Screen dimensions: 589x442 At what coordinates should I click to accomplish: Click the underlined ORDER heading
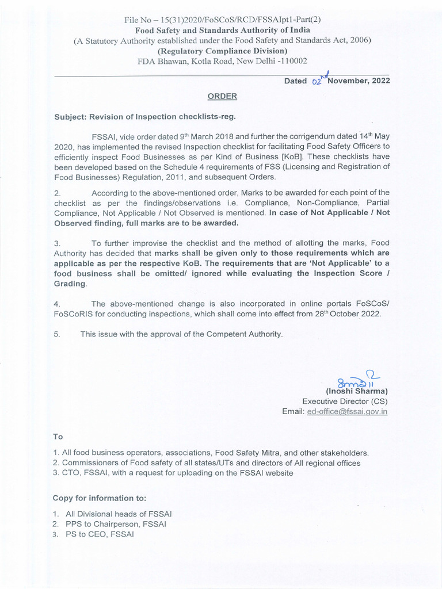(222, 97)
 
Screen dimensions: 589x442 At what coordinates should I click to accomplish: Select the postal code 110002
(291, 60)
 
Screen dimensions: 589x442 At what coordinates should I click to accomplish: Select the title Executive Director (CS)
(345, 401)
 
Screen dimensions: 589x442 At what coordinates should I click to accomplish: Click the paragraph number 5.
(56, 334)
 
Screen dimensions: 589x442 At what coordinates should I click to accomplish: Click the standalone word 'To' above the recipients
(58, 437)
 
